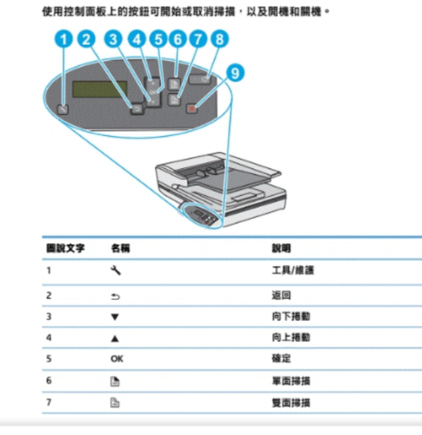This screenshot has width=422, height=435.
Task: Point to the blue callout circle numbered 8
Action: (219, 39)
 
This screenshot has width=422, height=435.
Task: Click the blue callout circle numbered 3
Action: (114, 39)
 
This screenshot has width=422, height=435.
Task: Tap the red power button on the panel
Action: (194, 107)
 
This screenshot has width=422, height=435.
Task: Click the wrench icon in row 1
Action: (116, 271)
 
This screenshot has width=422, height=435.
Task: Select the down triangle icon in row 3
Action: (116, 316)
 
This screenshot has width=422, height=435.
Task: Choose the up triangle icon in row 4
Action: (116, 337)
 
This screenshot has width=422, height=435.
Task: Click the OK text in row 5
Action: (116, 359)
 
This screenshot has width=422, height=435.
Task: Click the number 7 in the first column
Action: (49, 403)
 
